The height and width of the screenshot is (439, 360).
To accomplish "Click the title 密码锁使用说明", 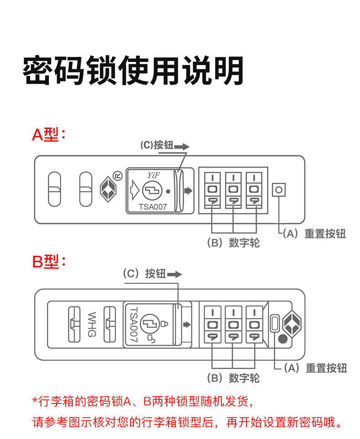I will (x=133, y=71).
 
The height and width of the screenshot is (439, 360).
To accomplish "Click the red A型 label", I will (x=49, y=134).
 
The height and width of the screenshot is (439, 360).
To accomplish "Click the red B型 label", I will (x=49, y=262).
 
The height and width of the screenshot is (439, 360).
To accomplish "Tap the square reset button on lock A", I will (x=279, y=189).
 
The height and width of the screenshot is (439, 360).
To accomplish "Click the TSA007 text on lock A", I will (x=153, y=206).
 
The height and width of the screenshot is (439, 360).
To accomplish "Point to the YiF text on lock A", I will (x=152, y=175).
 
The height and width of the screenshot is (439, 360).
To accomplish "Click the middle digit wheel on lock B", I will (x=233, y=325).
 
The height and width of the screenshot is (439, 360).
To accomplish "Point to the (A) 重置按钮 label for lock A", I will (x=314, y=234).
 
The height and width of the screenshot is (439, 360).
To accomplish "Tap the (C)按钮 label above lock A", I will (x=157, y=145).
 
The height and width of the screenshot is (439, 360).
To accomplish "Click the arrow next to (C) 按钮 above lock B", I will (x=175, y=275).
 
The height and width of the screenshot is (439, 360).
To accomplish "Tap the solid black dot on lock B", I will (x=283, y=339).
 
